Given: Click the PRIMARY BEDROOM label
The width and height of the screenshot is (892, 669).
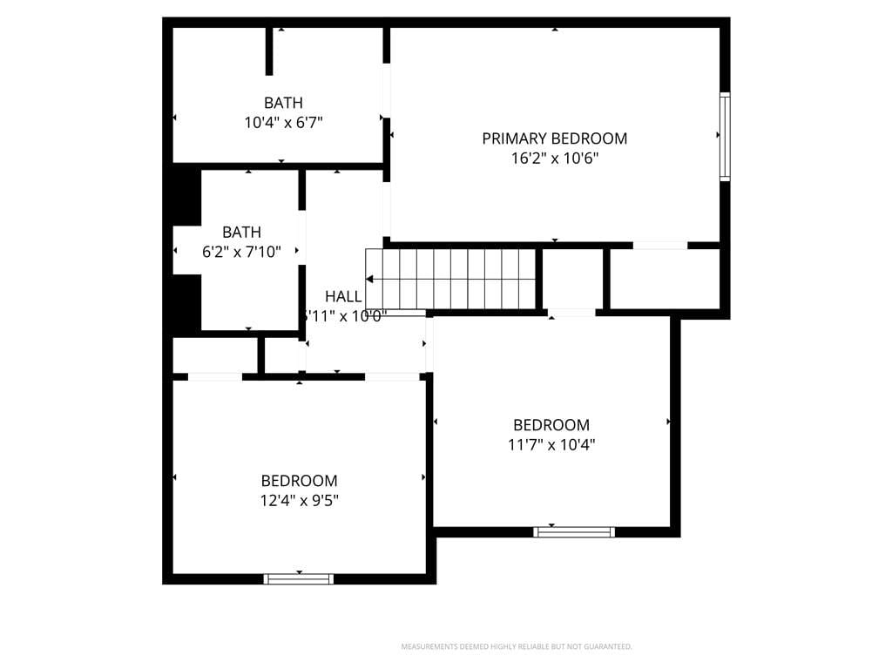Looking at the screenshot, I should (x=554, y=139).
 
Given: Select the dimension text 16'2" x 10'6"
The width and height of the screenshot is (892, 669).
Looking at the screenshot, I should (x=554, y=159).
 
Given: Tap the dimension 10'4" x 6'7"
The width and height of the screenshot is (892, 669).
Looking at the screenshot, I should (x=283, y=123).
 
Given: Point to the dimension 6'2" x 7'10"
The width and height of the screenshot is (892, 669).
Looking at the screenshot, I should (x=241, y=253).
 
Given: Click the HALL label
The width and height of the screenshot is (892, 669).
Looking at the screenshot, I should (x=343, y=296).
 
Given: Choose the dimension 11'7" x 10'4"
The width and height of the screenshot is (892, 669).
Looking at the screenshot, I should (x=551, y=445).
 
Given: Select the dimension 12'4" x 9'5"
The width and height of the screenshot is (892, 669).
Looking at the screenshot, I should (x=299, y=500).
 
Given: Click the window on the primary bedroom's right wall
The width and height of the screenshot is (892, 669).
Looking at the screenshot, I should (x=724, y=136).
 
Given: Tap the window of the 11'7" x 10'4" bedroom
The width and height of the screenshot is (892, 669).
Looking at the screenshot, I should (x=574, y=531).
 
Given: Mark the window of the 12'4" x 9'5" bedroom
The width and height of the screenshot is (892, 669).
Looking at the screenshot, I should (x=299, y=578).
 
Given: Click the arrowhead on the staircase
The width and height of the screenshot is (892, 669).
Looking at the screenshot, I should (x=370, y=280).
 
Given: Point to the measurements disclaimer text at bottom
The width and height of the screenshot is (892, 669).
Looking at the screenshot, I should (x=516, y=646).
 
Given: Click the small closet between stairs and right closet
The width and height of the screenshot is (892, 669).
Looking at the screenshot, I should (x=571, y=279).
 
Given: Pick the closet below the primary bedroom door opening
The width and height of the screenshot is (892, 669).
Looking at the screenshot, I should (x=664, y=279).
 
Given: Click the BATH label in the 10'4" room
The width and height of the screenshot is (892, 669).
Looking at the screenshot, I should (x=283, y=103).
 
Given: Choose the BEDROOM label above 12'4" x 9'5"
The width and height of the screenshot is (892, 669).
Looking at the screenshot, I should (x=299, y=481).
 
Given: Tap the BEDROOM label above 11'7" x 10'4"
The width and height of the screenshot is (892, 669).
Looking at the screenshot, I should (x=551, y=425).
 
